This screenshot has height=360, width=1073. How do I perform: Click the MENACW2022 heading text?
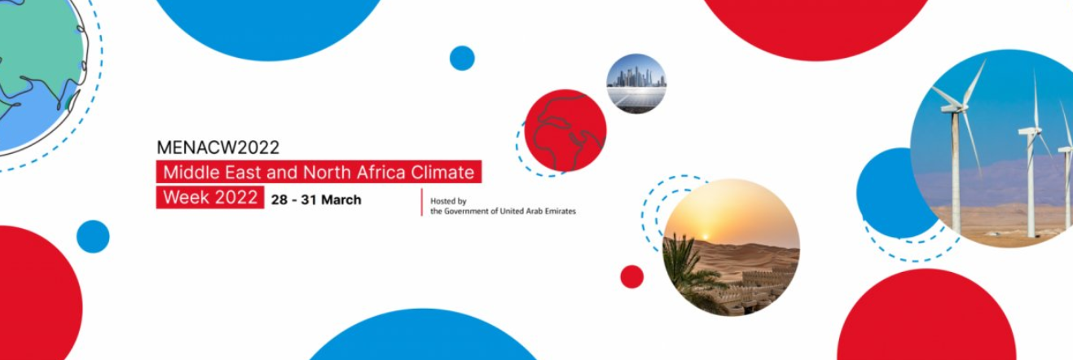(x=218, y=147)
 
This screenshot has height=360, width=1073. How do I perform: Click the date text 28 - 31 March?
(x=316, y=200)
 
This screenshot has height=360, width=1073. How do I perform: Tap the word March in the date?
(x=341, y=200)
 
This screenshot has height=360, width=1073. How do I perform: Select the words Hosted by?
(x=448, y=201)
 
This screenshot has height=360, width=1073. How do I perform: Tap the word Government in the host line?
(x=467, y=211)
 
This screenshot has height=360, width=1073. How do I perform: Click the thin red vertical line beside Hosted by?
(x=422, y=202)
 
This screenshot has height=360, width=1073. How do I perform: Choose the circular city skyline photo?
(x=636, y=84)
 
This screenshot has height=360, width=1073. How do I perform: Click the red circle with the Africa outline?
(x=565, y=130)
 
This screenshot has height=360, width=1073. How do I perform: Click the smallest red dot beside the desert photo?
(x=632, y=277)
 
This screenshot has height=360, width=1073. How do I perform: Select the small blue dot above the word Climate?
(x=462, y=59)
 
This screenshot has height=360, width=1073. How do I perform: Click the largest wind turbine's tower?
(x=956, y=173)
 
